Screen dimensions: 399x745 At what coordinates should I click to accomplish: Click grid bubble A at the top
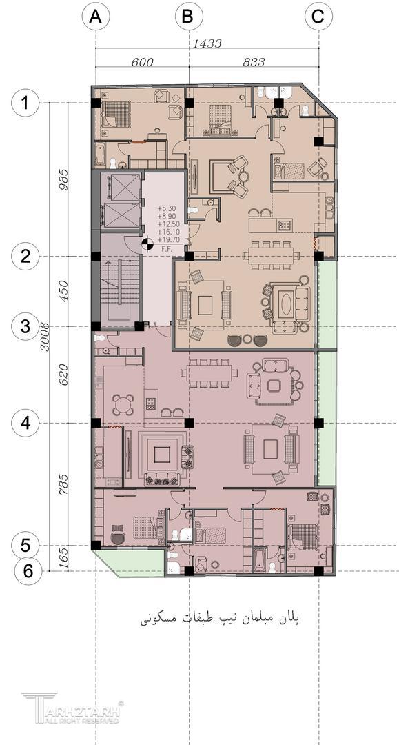click(96, 17)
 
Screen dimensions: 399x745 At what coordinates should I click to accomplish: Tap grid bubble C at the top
click(318, 17)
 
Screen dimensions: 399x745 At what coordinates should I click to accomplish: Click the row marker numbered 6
click(28, 570)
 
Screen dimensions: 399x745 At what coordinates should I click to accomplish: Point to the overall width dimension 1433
click(207, 43)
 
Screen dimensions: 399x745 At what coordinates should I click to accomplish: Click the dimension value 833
click(254, 62)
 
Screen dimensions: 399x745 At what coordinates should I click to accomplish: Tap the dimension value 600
click(143, 62)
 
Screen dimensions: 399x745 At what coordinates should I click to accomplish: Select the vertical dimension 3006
click(45, 337)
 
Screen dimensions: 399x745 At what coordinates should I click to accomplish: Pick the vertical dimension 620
click(63, 375)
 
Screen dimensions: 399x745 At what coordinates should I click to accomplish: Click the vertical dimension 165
click(63, 558)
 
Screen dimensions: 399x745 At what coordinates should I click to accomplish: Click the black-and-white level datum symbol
click(147, 245)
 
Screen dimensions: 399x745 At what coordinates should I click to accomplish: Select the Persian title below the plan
click(220, 618)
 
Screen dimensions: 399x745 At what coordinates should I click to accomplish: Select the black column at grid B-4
click(190, 422)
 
